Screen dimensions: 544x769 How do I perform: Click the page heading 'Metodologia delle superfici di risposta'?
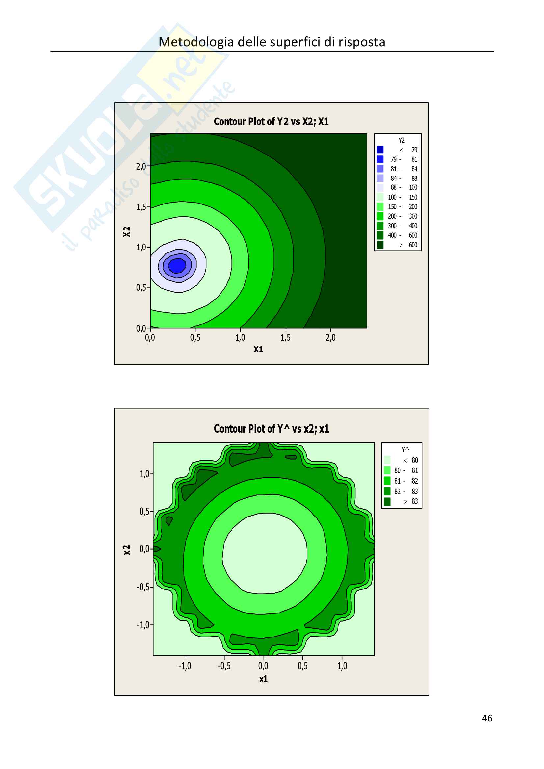coord(272,42)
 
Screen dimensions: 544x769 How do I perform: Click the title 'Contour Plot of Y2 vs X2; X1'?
coord(271,121)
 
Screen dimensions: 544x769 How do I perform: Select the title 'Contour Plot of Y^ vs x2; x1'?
coord(272,429)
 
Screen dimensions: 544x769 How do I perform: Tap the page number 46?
coord(487,718)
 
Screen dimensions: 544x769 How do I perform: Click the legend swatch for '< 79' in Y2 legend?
coord(380,149)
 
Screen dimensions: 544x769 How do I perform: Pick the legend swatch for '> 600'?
coord(380,245)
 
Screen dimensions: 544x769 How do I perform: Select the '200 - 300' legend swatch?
coord(380,216)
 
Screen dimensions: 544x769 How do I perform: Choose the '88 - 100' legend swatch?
coord(380,187)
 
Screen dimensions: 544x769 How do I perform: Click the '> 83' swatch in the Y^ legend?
coord(387,501)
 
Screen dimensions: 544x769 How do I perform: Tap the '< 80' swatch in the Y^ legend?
coord(387,460)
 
